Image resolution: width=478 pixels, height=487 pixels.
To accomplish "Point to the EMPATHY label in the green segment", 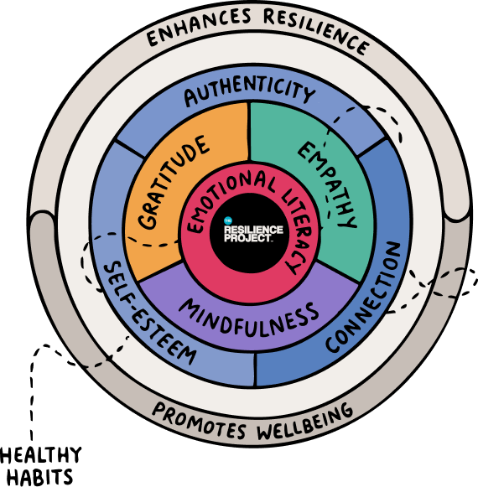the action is click(327, 184).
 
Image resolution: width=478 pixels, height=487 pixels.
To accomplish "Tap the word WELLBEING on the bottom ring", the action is click(305, 422).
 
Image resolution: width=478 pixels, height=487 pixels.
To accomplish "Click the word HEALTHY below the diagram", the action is click(41, 455).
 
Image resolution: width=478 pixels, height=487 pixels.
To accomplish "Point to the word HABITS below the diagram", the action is click(39, 477).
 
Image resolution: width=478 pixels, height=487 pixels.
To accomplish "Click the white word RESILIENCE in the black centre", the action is click(253, 230).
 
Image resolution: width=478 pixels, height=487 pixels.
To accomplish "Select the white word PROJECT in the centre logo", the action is click(247, 238).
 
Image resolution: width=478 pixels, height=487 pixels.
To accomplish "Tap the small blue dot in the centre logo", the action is click(228, 220).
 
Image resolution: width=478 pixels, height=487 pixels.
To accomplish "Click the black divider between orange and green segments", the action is click(248, 132).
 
